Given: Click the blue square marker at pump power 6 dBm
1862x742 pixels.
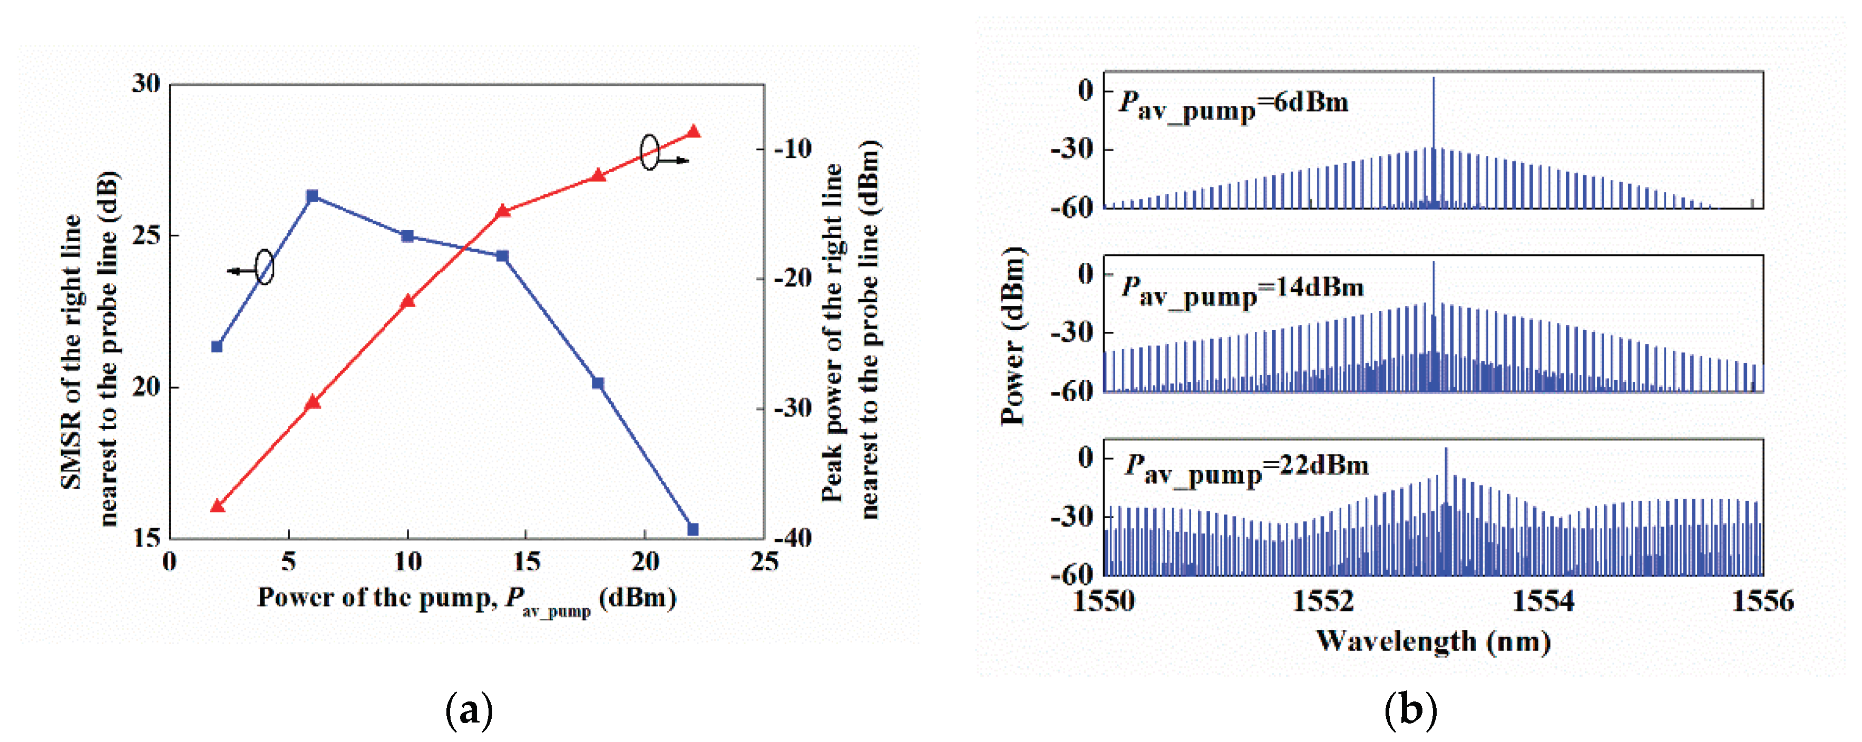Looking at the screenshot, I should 312,196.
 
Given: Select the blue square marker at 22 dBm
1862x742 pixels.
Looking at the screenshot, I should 693,530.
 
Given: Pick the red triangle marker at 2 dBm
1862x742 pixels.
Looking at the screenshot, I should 217,506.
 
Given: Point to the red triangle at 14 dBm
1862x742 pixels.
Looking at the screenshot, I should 503,212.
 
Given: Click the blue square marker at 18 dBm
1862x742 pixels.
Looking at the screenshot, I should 598,383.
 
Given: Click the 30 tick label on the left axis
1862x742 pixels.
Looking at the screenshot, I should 147,84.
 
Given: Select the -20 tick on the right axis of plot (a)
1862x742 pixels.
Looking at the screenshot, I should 793,278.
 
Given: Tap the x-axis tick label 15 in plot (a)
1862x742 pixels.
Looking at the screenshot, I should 526,562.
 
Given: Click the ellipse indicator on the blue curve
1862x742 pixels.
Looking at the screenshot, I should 265,268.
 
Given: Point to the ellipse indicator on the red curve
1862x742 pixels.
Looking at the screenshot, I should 650,152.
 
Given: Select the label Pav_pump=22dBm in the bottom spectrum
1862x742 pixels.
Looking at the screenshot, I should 1246,469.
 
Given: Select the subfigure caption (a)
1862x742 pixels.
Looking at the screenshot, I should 469,711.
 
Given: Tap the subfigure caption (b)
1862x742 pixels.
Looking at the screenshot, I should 1410,711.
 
